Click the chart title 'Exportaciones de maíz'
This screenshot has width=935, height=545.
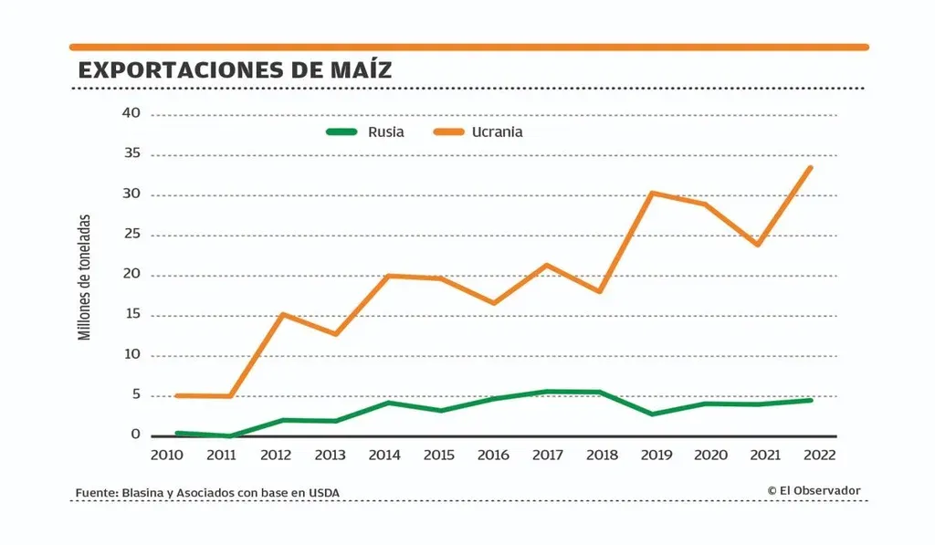235,69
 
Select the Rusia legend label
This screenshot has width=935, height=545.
385,131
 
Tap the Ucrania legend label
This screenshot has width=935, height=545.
497,131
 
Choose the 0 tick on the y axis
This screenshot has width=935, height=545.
135,435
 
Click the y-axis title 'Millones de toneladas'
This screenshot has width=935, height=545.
85,278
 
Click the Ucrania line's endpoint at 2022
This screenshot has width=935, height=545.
810,167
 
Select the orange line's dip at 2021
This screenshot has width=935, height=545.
757,245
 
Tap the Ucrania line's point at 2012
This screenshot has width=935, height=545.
282,314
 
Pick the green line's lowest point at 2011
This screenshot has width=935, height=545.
228,436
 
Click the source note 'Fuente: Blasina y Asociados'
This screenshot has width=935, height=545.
207,493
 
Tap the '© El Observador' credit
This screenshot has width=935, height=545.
814,490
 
